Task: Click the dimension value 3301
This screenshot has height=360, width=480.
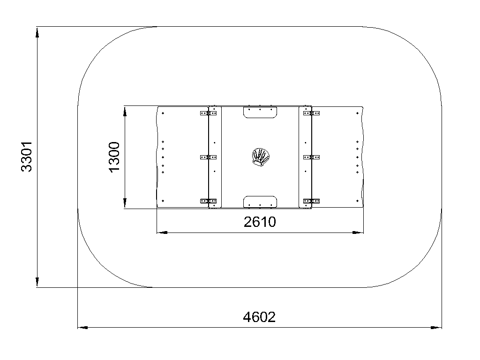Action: coord(26,157)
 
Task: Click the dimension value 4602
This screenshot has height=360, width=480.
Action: coord(259,317)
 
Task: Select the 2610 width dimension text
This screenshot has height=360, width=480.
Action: coord(260,222)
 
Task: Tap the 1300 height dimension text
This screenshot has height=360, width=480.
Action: coord(114,157)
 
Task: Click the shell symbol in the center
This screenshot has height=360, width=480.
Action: coord(261,157)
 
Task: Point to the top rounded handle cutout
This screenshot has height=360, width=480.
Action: coord(260,112)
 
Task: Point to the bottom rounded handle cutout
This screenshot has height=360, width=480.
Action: coord(260,202)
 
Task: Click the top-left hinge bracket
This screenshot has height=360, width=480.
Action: coord(208,113)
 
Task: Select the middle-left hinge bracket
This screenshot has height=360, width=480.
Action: coord(208,157)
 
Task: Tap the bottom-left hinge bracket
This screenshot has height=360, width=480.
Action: coord(208,201)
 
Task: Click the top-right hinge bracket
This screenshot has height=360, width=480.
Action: coord(311,113)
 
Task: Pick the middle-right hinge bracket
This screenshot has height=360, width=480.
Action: coord(311,157)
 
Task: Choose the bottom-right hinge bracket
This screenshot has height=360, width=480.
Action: coord(311,201)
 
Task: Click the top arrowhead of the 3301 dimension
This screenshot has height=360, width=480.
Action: coord(37,32)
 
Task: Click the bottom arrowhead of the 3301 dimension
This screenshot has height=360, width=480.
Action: coord(37,282)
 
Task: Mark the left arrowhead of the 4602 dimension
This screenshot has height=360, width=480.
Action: coord(82,328)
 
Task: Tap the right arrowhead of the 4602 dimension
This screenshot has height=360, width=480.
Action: coord(436,328)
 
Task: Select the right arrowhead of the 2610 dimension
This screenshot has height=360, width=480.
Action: coord(358,232)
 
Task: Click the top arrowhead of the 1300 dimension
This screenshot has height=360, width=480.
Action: coord(125,112)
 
